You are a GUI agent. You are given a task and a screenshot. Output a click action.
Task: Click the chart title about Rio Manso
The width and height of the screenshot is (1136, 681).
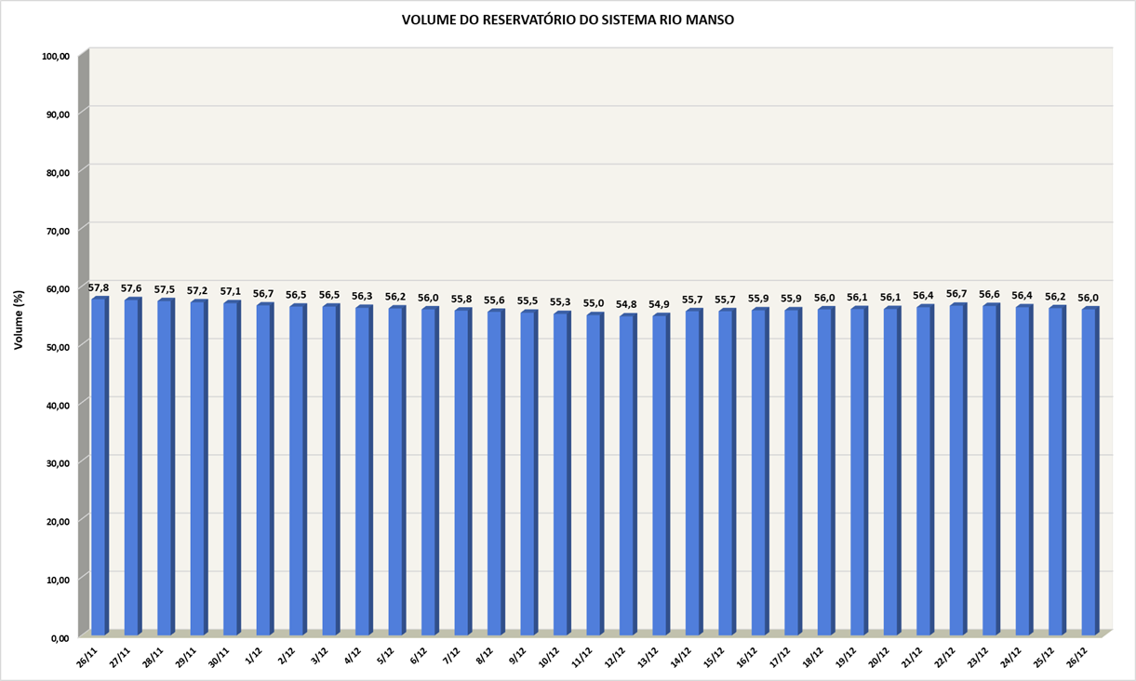pyautogui.click(x=568, y=20)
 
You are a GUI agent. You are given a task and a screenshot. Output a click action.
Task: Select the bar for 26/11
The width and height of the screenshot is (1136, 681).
pyautogui.click(x=98, y=465)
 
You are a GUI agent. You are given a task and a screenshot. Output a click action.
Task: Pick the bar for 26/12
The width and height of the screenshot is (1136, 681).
pyautogui.click(x=1089, y=472)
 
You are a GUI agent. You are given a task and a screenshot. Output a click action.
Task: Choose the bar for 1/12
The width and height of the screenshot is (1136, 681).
pyautogui.click(x=263, y=470)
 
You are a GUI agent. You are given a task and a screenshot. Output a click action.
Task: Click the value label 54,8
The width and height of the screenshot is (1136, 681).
pyautogui.click(x=626, y=304)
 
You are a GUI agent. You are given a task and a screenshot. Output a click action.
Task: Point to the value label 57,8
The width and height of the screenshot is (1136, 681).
pyautogui.click(x=99, y=287)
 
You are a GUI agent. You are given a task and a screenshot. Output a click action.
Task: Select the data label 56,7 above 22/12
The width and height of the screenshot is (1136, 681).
pyautogui.click(x=956, y=294)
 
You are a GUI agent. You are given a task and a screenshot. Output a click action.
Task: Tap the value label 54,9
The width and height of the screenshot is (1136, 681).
pyautogui.click(x=660, y=304)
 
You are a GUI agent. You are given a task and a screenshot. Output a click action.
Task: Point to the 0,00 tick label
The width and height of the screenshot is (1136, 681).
pyautogui.click(x=60, y=637)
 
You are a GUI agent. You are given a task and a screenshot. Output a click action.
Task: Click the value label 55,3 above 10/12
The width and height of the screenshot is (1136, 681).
pyautogui.click(x=560, y=302)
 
